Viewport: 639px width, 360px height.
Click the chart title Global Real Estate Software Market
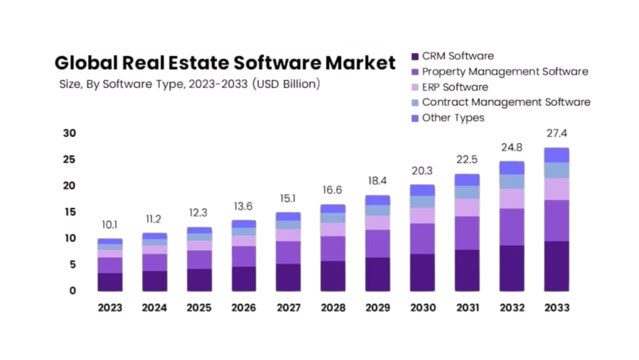pyautogui.click(x=225, y=63)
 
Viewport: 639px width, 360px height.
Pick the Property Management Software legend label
pyautogui.click(x=505, y=72)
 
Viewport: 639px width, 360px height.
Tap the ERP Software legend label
pyautogui.click(x=455, y=87)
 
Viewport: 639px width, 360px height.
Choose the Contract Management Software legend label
pyautogui.click(x=506, y=102)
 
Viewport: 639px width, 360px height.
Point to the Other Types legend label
pyautogui.click(x=453, y=118)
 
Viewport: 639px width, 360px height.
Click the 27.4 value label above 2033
pyautogui.click(x=556, y=134)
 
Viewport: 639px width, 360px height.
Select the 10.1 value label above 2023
pyautogui.click(x=110, y=225)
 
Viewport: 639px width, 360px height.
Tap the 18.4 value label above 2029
pyautogui.click(x=378, y=181)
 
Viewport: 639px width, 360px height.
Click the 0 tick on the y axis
pyautogui.click(x=72, y=291)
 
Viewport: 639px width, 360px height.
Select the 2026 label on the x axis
pyautogui.click(x=244, y=308)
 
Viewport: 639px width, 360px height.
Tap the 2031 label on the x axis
pyautogui.click(x=467, y=308)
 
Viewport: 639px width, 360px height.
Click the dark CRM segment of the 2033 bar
pyautogui.click(x=556, y=266)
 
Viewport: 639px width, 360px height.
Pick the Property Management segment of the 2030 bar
pyautogui.click(x=422, y=238)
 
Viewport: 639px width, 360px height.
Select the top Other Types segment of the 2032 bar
pyautogui.click(x=512, y=168)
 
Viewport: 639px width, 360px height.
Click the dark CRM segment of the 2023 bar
pyautogui.click(x=110, y=282)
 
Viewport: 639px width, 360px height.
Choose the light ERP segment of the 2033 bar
pyautogui.click(x=556, y=189)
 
